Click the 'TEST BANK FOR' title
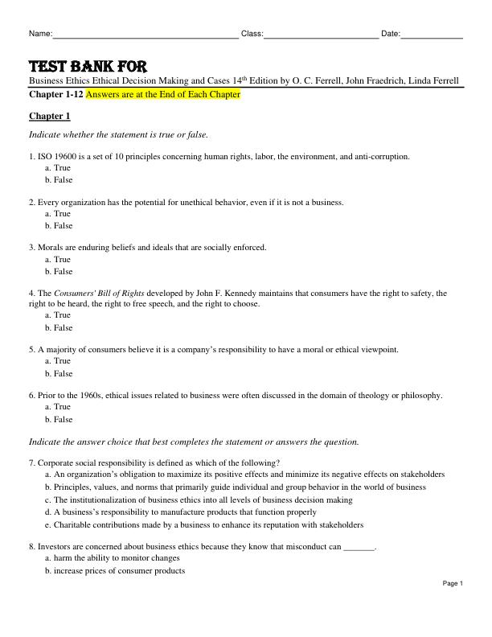[88, 66]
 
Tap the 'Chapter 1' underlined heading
[50, 116]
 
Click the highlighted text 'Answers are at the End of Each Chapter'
[163, 95]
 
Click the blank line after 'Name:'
[145, 35]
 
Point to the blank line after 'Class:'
[322, 35]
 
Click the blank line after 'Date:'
[432, 35]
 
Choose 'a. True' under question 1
[58, 168]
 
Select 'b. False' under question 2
[59, 226]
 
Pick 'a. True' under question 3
[58, 260]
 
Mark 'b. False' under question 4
[59, 328]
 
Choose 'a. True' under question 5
[58, 362]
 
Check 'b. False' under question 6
[59, 420]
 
